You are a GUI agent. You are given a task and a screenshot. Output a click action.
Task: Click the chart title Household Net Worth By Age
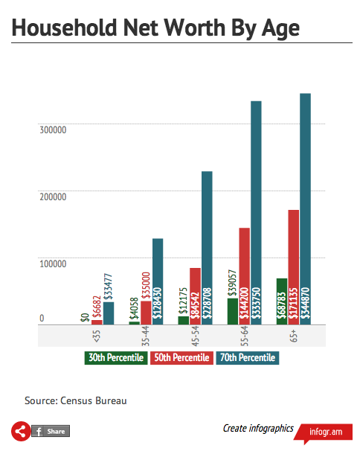[x=155, y=28]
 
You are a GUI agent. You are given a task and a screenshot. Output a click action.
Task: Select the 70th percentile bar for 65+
[x=305, y=208]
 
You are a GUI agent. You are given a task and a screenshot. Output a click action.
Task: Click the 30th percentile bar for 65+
[x=282, y=301]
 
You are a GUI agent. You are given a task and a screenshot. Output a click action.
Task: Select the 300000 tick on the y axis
[x=52, y=130]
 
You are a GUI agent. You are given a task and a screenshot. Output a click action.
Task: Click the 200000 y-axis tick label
[x=52, y=196]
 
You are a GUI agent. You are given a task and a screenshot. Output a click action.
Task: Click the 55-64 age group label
[x=244, y=337]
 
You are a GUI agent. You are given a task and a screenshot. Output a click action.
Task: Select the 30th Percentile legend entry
[x=115, y=358]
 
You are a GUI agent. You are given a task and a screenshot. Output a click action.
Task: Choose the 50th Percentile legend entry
[x=180, y=358]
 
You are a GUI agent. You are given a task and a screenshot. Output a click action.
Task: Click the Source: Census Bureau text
[x=76, y=400]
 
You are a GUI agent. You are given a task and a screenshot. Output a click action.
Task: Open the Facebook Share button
[x=50, y=432]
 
